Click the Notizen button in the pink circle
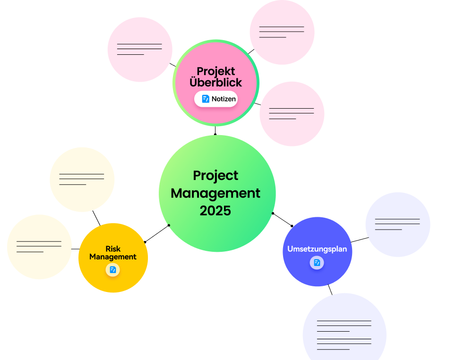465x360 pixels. tap(216, 99)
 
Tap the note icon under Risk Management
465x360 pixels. tap(112, 270)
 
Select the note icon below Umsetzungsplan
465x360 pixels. tap(317, 263)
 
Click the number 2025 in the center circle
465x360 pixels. tap(215, 211)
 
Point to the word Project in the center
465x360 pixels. tap(215, 176)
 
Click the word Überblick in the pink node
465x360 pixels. tap(216, 82)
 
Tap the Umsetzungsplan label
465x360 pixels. tap(317, 249)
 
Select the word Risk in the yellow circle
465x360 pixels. tap(113, 249)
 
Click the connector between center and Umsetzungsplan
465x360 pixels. tap(282, 219)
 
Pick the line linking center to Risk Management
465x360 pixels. tap(157, 234)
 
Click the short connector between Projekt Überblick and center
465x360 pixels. tap(215, 130)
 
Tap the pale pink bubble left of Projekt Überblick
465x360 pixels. tap(140, 50)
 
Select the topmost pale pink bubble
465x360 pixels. tap(282, 32)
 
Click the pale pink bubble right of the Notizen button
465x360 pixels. tap(292, 114)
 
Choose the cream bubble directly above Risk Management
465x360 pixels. tap(82, 180)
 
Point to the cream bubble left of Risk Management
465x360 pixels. tap(39, 247)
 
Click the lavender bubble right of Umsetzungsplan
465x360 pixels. tap(398, 224)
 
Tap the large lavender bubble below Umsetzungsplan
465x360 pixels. tap(344, 327)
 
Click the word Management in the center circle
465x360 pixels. tap(215, 194)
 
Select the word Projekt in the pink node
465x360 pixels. tap(216, 71)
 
